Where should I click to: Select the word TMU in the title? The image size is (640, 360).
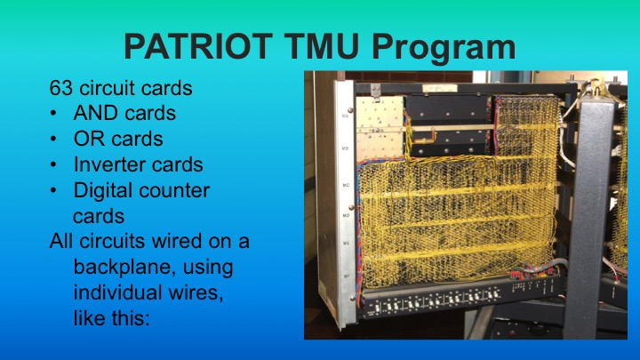[x=342, y=44]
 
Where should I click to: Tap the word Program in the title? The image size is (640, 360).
[x=460, y=44]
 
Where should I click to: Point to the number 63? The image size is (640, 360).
[x=60, y=88]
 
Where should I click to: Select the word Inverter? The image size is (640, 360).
[x=110, y=165]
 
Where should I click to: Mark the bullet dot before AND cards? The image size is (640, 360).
[x=55, y=115]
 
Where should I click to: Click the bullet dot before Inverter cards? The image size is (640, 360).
[x=55, y=166]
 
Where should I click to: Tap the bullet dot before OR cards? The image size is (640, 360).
[x=55, y=140]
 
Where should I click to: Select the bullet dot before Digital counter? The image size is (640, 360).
[x=55, y=192]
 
